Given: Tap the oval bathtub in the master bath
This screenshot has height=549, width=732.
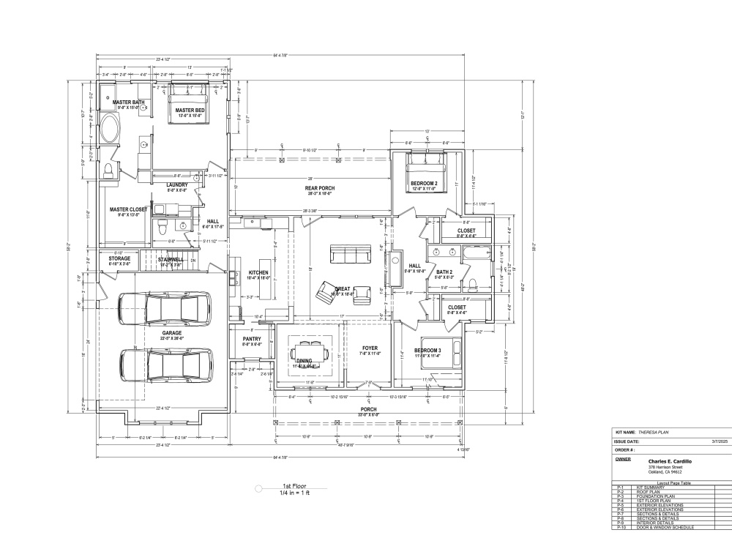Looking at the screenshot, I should coord(111,130).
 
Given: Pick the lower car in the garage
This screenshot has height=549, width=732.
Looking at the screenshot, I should coord(167,365).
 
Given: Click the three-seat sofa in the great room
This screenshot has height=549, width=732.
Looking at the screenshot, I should coord(350,254).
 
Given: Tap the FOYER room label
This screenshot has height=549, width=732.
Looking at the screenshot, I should coord(369,348).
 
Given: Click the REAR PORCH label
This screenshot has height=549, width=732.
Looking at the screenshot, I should coord(319,189).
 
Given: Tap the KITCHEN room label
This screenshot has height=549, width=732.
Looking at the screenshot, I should coord(259,272).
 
